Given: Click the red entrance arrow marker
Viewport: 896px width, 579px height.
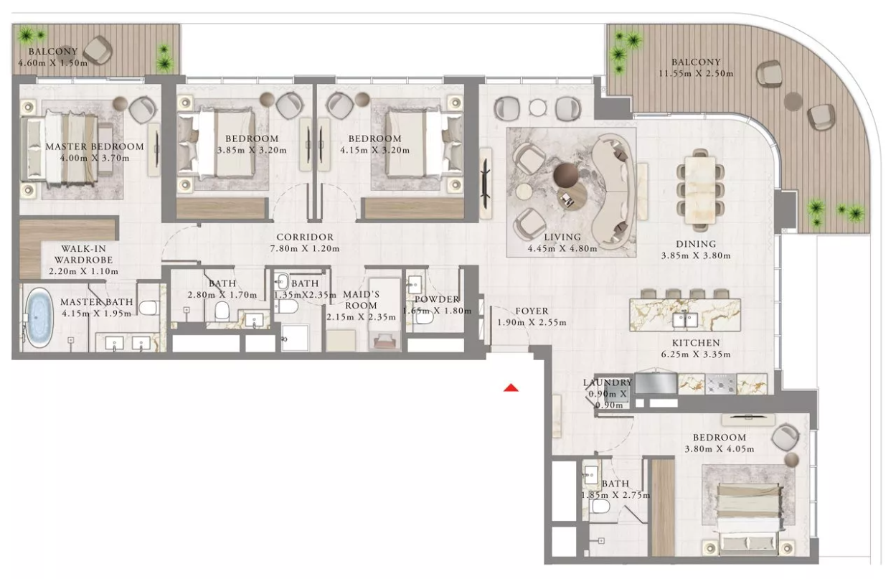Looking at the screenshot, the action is (x=511, y=387).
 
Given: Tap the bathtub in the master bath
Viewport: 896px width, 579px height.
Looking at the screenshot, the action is (x=39, y=318).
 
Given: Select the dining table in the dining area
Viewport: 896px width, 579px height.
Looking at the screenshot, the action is (x=700, y=189).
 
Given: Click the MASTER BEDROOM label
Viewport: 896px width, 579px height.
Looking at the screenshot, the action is (x=95, y=146).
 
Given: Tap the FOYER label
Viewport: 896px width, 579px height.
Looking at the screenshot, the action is (x=532, y=311).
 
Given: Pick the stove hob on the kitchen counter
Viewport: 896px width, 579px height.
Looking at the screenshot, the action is (x=720, y=384).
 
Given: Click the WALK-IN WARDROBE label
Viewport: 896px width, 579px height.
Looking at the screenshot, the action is (x=83, y=255).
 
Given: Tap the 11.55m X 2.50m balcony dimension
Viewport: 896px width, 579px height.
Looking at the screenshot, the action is (x=696, y=74).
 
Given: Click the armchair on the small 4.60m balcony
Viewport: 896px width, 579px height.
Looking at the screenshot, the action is (x=99, y=50).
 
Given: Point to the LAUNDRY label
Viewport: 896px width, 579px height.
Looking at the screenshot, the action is (x=608, y=382).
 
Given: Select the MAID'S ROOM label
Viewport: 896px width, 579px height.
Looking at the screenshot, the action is (x=362, y=300).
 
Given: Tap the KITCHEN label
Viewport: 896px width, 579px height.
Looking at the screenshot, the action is (x=696, y=343).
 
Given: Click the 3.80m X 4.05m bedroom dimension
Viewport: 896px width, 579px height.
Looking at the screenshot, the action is (x=720, y=449).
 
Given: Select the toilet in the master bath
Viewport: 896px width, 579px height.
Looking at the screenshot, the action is (x=149, y=308).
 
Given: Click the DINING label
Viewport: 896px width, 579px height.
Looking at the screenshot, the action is (x=696, y=244).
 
